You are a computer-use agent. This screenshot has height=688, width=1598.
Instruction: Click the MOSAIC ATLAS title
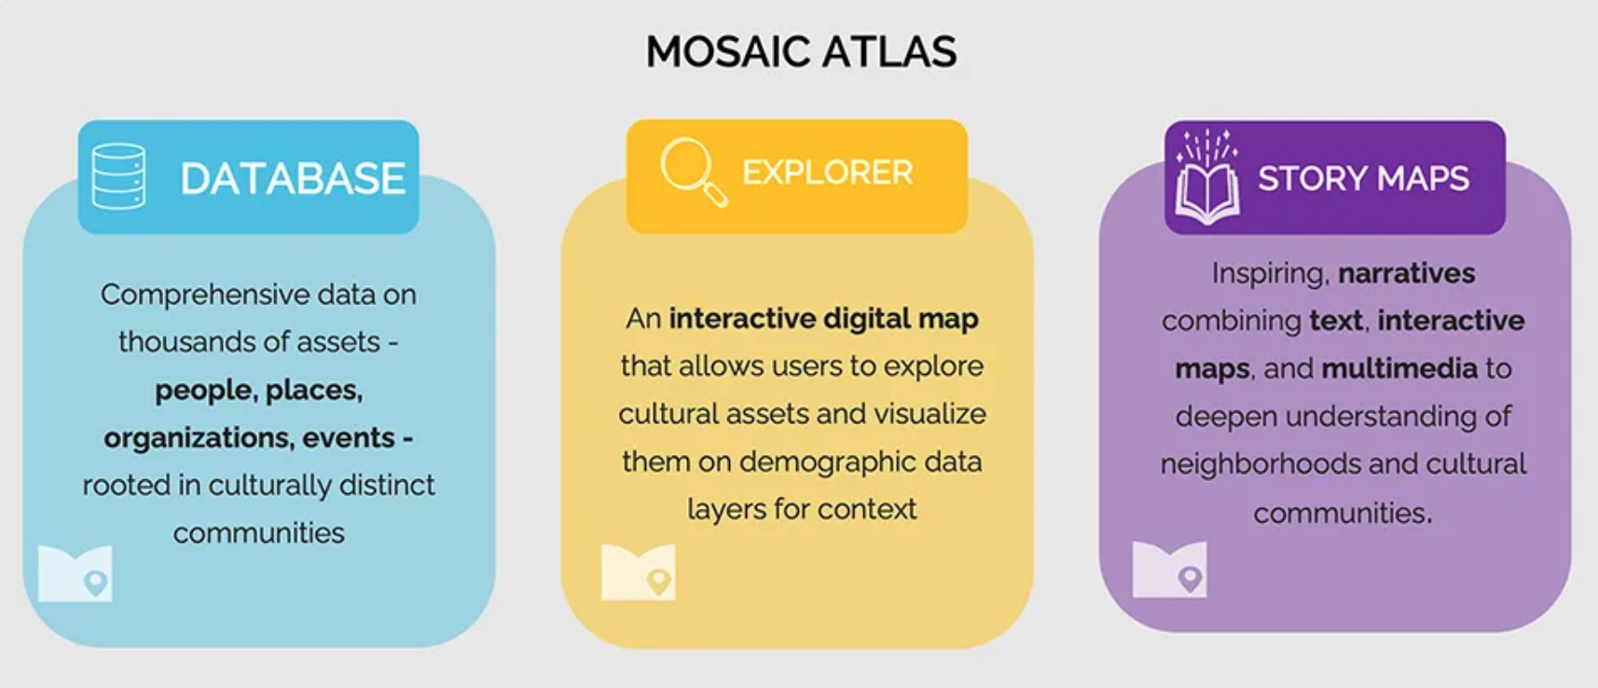(x=801, y=51)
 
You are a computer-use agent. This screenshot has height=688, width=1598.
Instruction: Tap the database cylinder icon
(x=119, y=176)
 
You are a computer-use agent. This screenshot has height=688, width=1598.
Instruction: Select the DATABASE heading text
(x=293, y=178)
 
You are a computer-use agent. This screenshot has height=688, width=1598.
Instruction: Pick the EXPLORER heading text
(x=828, y=172)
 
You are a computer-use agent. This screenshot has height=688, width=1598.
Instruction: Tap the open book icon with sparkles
(x=1207, y=177)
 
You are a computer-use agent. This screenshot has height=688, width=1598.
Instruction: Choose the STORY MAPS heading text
(x=1363, y=178)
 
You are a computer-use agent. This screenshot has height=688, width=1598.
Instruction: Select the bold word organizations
(x=199, y=438)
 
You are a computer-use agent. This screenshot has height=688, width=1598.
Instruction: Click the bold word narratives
(x=1407, y=273)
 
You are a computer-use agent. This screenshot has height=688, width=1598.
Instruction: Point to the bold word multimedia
(x=1399, y=369)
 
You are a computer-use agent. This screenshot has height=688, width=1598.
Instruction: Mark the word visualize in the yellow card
(x=930, y=414)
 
